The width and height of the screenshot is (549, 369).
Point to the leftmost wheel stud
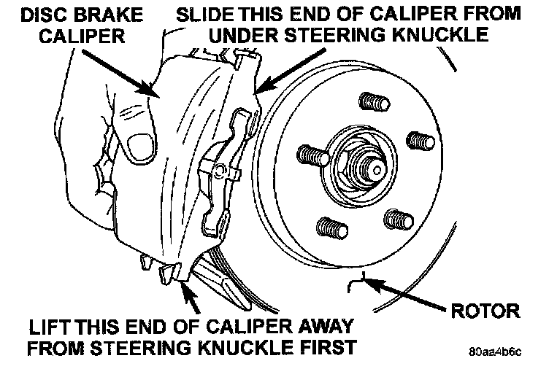pos(311,155)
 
